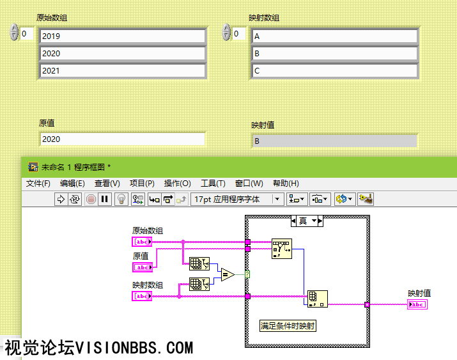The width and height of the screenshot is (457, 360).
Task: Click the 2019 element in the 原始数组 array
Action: coord(123,36)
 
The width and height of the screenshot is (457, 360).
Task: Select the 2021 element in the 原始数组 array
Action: coord(123,71)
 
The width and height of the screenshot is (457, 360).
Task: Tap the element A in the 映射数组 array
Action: coord(335,36)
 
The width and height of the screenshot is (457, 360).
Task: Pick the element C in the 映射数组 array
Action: coord(335,71)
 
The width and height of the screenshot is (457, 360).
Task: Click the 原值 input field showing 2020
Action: coord(121,139)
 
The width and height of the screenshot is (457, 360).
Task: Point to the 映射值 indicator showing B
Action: coord(334,141)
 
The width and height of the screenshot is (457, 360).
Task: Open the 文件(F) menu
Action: coord(38,184)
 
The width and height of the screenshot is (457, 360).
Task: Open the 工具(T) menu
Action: coord(213,184)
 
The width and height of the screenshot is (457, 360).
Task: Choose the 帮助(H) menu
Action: coord(286,184)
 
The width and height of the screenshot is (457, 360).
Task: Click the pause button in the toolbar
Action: coord(105,200)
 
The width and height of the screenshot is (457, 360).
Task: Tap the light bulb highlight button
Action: coord(121,200)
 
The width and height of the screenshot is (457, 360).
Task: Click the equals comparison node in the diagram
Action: coord(228,275)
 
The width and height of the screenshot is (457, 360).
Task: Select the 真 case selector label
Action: coord(302,221)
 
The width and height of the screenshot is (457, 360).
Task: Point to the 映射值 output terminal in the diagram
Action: coord(417,304)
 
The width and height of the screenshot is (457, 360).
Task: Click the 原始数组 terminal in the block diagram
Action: coord(142,242)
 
